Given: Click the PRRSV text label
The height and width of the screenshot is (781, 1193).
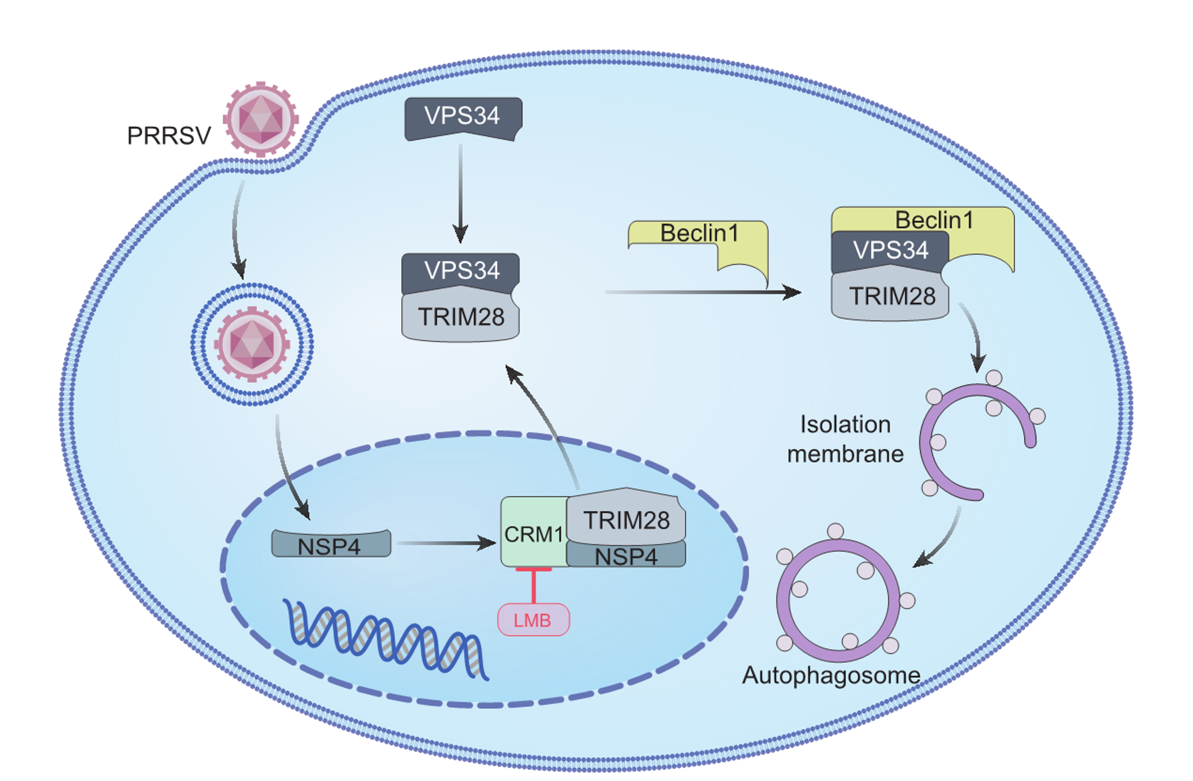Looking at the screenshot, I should (169, 136).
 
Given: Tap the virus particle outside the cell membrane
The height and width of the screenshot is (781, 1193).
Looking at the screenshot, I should (261, 120).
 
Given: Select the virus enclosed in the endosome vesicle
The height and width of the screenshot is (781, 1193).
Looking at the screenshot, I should (252, 344).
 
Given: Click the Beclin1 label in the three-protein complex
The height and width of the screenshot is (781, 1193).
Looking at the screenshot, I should (934, 220).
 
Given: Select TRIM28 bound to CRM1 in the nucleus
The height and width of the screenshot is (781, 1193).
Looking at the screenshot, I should (626, 520).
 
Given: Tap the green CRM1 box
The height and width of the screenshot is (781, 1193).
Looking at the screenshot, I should (533, 534).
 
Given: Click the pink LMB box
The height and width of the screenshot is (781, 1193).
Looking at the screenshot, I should (533, 620).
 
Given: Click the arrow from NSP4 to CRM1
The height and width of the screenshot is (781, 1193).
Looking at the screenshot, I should (446, 543).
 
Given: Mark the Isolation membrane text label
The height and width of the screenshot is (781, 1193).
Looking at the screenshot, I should (845, 439).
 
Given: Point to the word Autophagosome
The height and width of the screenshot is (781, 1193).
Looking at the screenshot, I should (831, 675).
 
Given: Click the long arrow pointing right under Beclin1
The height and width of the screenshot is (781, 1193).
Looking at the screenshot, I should (702, 292).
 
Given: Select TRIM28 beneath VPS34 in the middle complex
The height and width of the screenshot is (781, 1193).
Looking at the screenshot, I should (461, 317).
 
